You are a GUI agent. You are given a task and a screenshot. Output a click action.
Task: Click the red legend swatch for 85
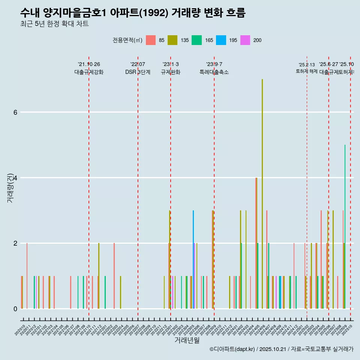pos(151,40)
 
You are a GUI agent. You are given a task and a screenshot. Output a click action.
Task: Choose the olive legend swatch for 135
pos(172,40)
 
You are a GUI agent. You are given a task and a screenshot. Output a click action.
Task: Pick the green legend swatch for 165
pos(196,40)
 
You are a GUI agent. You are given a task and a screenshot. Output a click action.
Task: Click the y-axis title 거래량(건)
pos(10,187)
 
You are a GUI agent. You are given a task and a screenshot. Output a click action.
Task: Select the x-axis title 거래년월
pos(187,340)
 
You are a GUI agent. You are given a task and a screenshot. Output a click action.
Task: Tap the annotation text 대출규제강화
pos(89,72)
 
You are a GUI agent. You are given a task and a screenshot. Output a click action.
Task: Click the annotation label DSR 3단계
pos(138,72)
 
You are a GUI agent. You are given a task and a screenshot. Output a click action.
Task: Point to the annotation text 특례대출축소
pos(214,72)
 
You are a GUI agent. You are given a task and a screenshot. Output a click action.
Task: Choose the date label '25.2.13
pos(307,65)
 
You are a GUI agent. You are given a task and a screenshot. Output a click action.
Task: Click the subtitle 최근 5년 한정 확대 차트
pos(54,24)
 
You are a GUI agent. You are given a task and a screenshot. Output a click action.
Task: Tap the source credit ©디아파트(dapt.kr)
pos(232,349)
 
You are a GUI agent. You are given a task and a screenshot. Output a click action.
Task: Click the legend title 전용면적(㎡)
pos(127,40)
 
